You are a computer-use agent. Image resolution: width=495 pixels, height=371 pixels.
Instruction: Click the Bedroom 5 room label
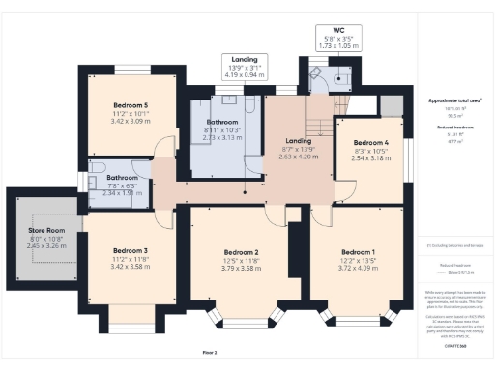131,104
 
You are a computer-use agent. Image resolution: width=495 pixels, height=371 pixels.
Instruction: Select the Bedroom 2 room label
236,253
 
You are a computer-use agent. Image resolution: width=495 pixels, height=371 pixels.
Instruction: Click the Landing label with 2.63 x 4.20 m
291,140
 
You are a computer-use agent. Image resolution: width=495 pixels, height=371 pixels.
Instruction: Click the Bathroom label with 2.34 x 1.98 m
122,178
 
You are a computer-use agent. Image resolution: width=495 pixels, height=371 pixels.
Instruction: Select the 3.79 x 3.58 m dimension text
236,269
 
